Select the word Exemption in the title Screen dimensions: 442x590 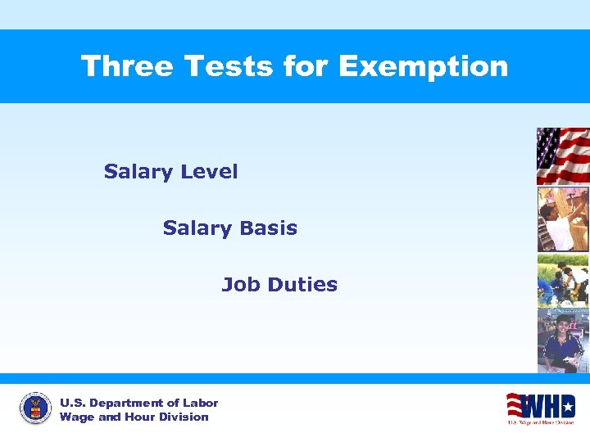(423, 65)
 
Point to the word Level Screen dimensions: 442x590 (209, 172)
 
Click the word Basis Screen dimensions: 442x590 (269, 228)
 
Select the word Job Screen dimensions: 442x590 (239, 285)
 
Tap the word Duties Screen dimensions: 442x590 (302, 285)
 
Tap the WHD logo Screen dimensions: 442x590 (540, 407)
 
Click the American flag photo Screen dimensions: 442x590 (562, 156)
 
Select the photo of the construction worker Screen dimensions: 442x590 (562, 219)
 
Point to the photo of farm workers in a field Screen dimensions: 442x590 (562, 280)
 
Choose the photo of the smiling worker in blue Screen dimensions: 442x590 (562, 340)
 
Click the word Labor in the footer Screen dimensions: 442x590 (201, 403)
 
